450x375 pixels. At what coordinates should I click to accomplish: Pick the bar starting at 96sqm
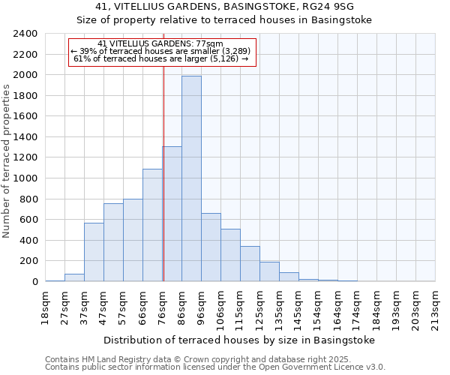point(211,247)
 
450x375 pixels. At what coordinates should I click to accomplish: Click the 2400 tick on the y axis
point(26,34)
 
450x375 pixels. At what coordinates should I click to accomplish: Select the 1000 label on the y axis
point(26,178)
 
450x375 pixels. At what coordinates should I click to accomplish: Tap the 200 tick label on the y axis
point(29,261)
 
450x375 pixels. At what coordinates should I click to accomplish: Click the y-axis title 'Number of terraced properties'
point(7,161)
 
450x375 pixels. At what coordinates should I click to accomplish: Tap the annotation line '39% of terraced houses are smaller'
point(161,51)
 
